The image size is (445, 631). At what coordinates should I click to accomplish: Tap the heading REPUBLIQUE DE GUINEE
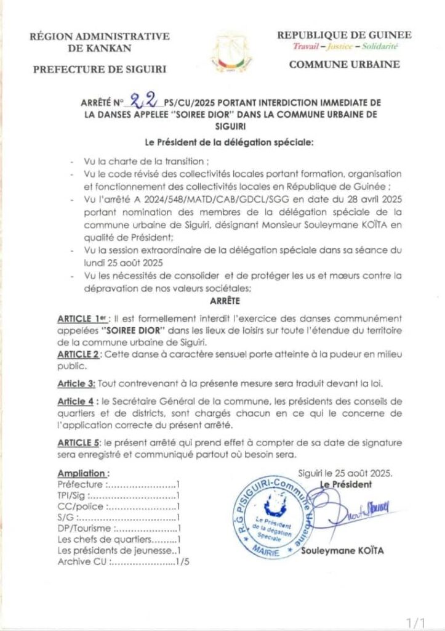pyautogui.click(x=344, y=35)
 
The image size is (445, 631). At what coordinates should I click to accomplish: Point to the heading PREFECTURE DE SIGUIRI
pyautogui.click(x=99, y=69)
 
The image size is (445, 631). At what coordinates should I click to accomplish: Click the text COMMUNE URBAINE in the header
pyautogui.click(x=344, y=64)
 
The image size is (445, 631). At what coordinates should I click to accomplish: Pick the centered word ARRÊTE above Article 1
pyautogui.click(x=222, y=302)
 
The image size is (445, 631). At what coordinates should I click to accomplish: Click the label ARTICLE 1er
pyautogui.click(x=81, y=319)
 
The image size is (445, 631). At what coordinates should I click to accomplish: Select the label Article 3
pyautogui.click(x=76, y=383)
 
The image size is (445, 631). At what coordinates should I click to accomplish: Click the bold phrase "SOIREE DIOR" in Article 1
pyautogui.click(x=127, y=330)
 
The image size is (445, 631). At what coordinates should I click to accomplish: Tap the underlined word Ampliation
pyautogui.click(x=83, y=473)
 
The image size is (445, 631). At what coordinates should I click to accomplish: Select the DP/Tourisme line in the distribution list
pyautogui.click(x=118, y=529)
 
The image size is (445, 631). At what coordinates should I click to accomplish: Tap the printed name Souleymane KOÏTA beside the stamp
pyautogui.click(x=342, y=550)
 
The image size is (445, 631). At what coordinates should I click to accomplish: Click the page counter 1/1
pyautogui.click(x=420, y=618)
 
